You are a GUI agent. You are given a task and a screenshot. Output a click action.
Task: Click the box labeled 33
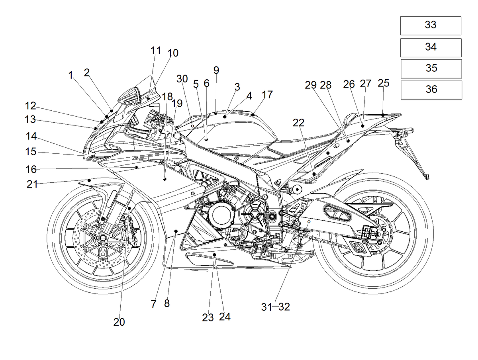pos(431,25)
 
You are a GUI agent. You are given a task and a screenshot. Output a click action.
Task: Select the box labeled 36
pos(431,90)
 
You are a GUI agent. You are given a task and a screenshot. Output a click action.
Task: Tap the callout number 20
pos(119,322)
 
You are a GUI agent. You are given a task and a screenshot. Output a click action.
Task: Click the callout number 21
pos(32,184)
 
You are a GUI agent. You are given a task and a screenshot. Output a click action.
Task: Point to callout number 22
pos(298,123)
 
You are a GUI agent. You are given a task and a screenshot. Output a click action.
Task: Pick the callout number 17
pos(267,95)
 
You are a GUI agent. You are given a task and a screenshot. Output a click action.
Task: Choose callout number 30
pos(182,79)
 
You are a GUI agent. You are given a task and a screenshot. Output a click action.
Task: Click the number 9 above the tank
pos(216,70)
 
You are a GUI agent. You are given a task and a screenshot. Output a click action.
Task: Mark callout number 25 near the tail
pos(384,83)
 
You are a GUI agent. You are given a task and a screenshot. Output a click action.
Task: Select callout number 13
pos(30,119)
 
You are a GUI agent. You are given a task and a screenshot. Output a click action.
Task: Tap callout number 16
pos(31,169)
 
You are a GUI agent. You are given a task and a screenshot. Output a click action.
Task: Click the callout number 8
pos(167,303)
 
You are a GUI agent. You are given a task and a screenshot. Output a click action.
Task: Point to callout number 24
pos(225,317)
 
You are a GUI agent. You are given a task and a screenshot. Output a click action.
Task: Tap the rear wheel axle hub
pos(372,233)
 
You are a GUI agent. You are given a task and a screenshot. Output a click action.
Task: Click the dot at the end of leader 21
pos(89,180)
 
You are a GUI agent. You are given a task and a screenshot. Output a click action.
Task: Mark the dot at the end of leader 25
pos(383,115)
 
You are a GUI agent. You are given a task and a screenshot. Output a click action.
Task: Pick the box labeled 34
pos(431,48)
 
